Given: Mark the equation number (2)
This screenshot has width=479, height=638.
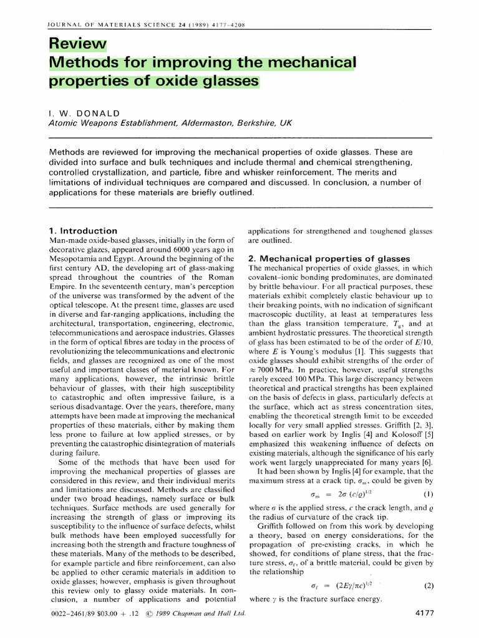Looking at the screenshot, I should tap(428, 586).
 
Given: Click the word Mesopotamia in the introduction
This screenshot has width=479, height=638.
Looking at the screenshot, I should tap(75, 258).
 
